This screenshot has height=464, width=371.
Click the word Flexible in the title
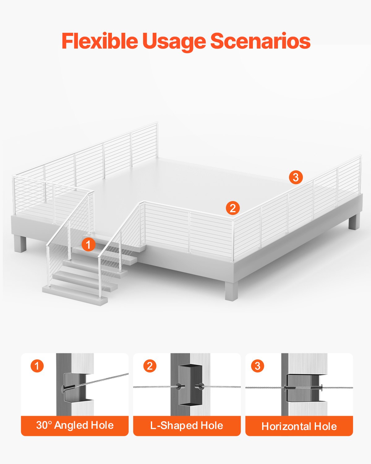[x=100, y=41]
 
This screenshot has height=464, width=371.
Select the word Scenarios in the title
[x=260, y=41]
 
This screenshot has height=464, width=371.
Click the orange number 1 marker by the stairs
[x=88, y=244]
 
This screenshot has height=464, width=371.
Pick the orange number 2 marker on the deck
[x=233, y=208]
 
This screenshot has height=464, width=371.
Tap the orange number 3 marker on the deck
[x=296, y=177]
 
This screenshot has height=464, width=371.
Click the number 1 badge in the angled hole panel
[x=37, y=366]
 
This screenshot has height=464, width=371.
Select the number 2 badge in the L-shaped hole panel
[x=150, y=366]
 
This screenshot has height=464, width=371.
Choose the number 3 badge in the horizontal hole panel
[x=258, y=366]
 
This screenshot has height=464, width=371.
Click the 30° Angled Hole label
[x=75, y=425]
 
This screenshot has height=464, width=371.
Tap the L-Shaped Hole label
[x=187, y=426]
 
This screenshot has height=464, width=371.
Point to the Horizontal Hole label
[x=299, y=426]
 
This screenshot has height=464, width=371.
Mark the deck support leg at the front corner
[x=231, y=291]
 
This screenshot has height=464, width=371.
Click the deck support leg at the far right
[x=354, y=221]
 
